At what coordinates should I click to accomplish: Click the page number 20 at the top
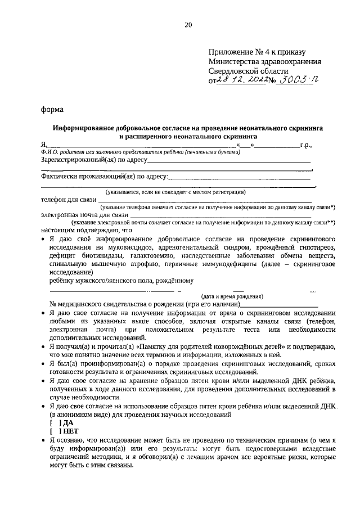pyautogui.click(x=188, y=24)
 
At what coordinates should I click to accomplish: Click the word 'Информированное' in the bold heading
pyautogui.click(x=86, y=128)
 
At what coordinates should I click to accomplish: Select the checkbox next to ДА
pyautogui.click(x=54, y=422)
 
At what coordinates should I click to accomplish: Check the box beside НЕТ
pyautogui.click(x=54, y=431)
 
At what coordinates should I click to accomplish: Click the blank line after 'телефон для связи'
pyautogui.click(x=206, y=200)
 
